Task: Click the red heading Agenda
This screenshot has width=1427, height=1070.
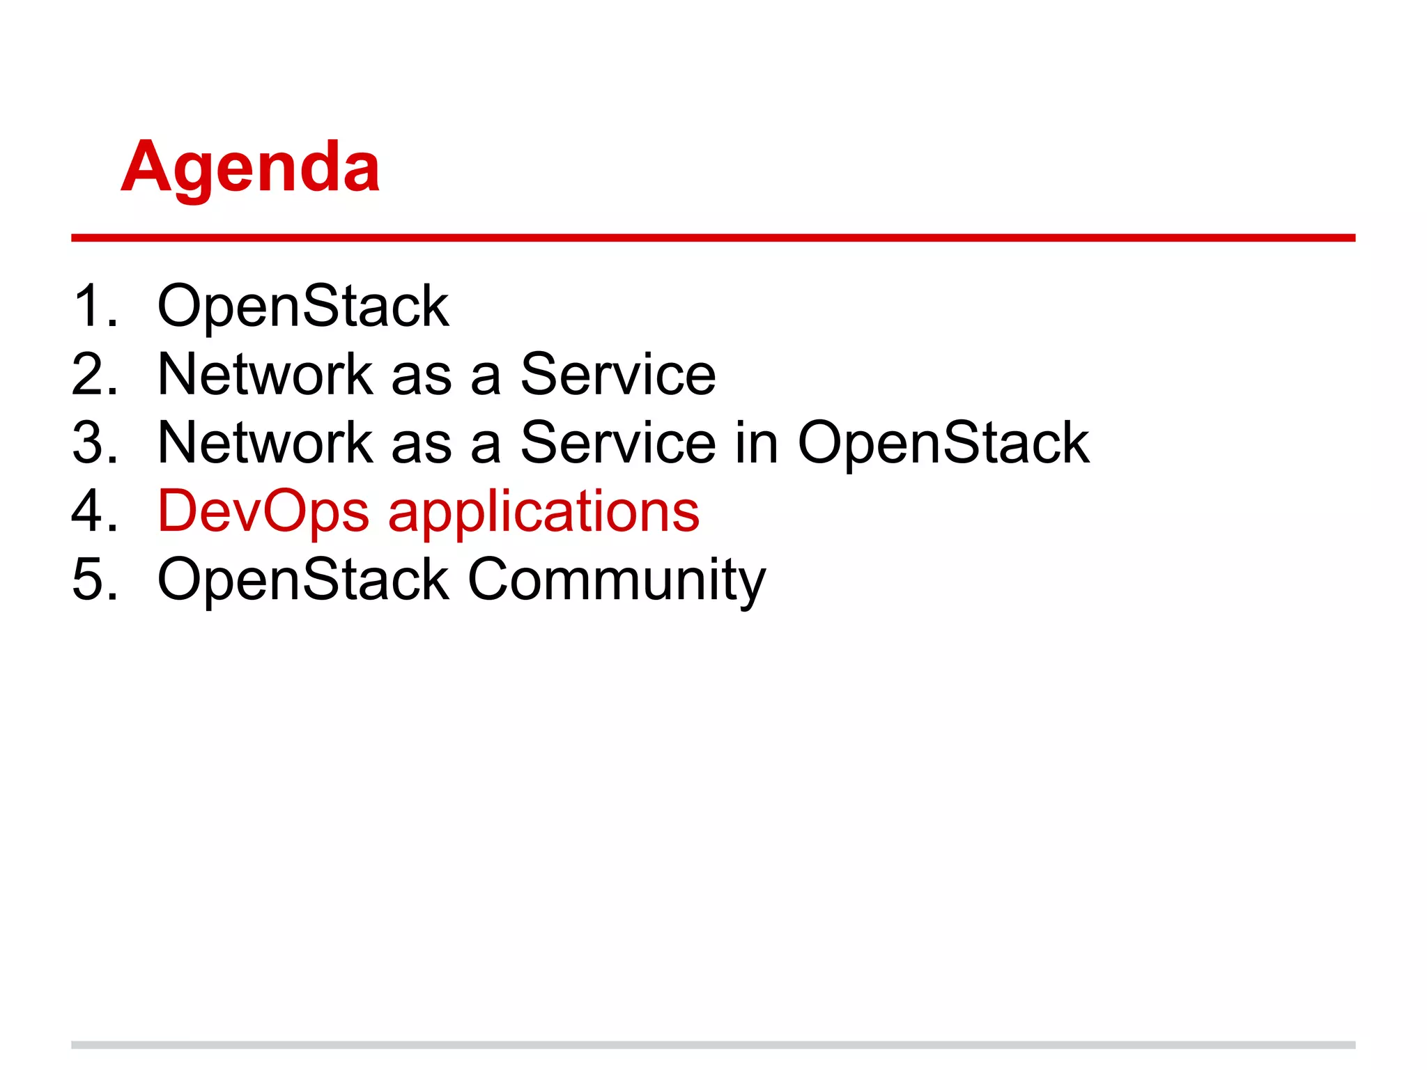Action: pos(250,167)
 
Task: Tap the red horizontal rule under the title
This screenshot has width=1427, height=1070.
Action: pos(713,238)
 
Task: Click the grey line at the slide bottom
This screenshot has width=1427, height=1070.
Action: pos(713,1045)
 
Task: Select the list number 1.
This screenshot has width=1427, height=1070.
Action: pos(93,306)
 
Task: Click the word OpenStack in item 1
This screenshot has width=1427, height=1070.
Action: pos(303,306)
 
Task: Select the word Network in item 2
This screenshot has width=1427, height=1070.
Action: pos(265,374)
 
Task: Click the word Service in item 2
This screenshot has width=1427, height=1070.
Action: pos(617,374)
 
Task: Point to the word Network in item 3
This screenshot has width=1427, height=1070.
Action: pos(265,442)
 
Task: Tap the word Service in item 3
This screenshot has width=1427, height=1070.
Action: pos(617,442)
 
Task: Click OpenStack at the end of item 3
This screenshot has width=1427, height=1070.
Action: pos(943,444)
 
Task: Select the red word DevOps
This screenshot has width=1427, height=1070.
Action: pos(263,512)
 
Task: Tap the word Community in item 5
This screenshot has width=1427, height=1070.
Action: pos(616,580)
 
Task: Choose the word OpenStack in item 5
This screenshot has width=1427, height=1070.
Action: pos(303,579)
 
